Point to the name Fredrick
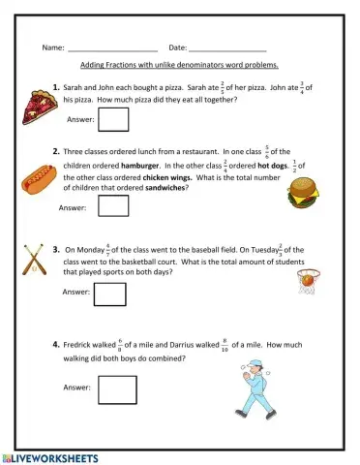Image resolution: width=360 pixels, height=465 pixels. [80, 344]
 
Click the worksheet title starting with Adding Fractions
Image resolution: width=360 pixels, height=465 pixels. [180, 65]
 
